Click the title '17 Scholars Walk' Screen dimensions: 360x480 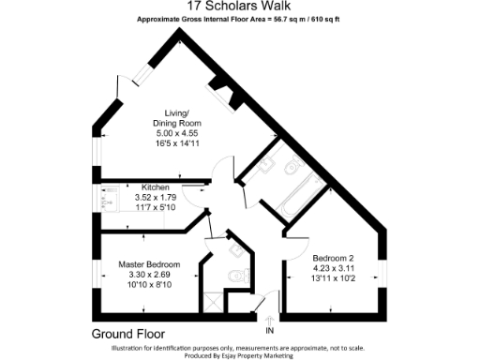point(240,7)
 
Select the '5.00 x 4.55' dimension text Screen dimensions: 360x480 point(177,136)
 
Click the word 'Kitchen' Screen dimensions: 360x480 point(156,187)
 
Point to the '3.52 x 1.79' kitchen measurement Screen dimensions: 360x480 point(156,197)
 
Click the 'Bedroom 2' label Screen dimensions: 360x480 point(333,258)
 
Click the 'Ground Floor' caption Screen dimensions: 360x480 point(128,333)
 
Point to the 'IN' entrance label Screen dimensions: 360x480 point(270,331)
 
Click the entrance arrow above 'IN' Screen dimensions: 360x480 point(270,321)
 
